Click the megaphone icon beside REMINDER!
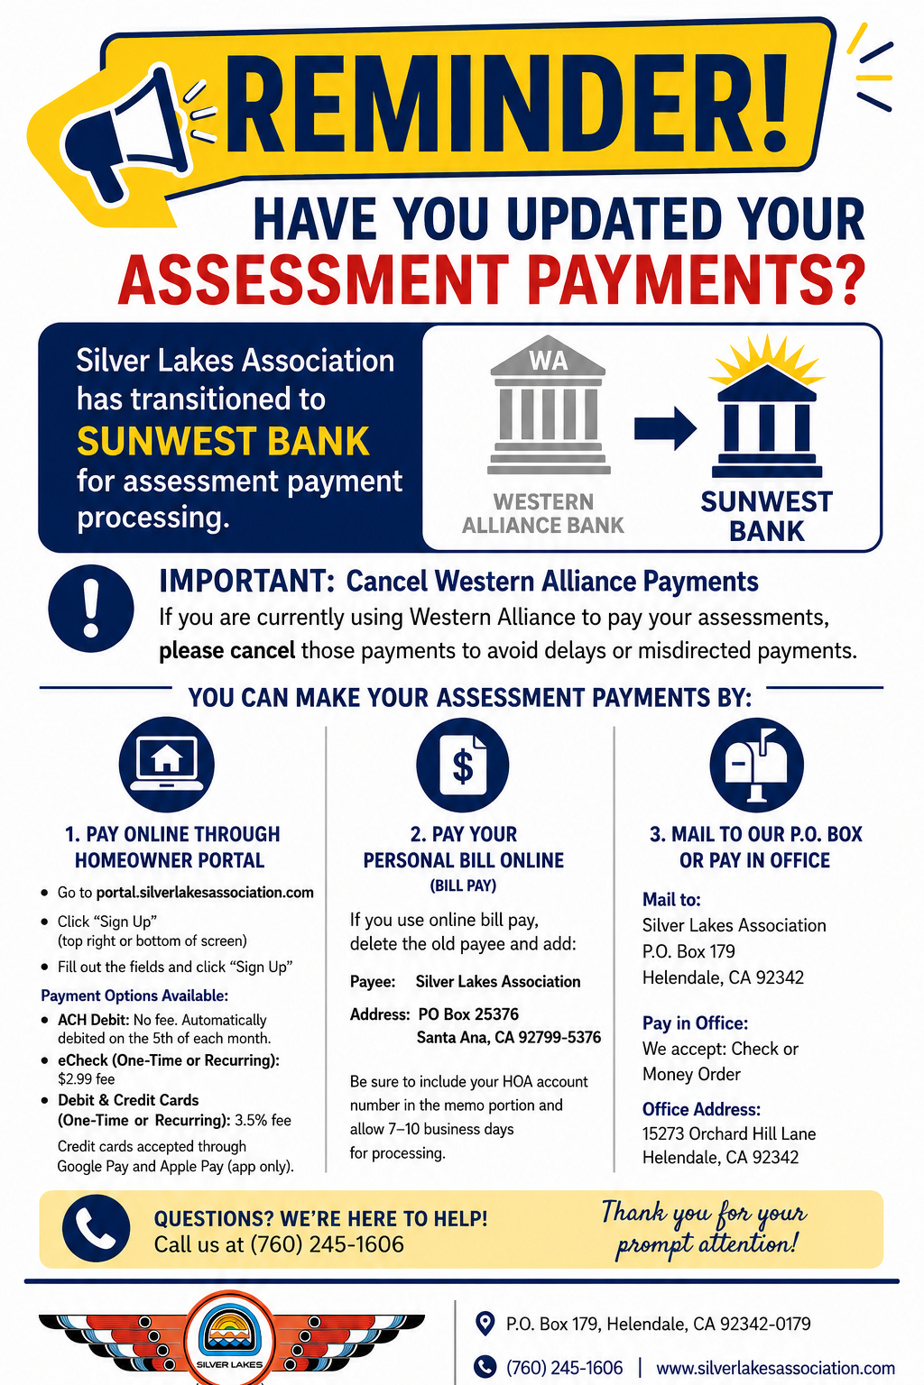pos(127,133)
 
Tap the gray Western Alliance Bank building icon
pos(549,405)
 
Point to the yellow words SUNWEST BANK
pos(223,441)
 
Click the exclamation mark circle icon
pos(91,609)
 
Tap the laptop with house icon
pos(166,765)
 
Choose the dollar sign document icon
pos(462,765)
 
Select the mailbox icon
pos(756,765)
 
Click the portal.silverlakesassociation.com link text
pos(205,892)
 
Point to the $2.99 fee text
pos(86,1079)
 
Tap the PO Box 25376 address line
pos(468,1014)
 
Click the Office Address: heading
pos(701,1109)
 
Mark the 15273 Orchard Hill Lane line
pos(729,1133)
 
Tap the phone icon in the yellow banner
pos(96,1227)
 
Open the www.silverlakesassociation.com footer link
pos(775,1368)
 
